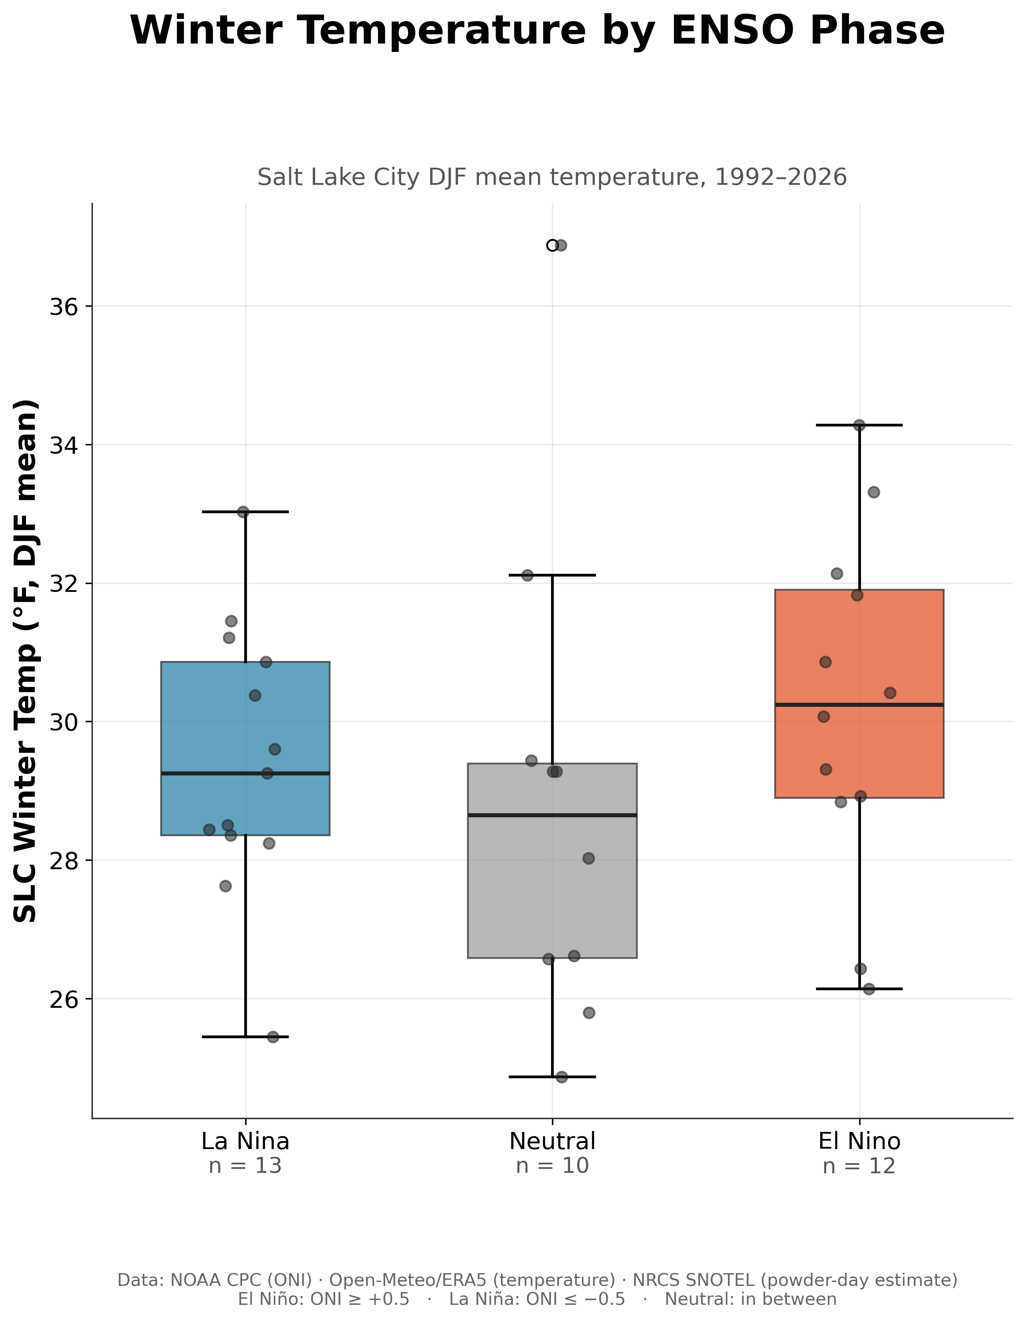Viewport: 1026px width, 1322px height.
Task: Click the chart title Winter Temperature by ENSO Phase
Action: coord(537,30)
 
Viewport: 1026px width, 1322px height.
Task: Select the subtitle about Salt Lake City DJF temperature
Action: coord(552,177)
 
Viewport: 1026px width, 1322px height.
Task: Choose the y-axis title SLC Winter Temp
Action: coord(26,661)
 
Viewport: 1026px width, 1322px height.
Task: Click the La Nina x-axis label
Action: coord(245,1141)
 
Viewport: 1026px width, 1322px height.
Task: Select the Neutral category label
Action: coord(552,1141)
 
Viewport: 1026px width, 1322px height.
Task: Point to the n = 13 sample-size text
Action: coord(245,1166)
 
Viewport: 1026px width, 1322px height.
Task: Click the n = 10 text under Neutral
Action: coord(552,1166)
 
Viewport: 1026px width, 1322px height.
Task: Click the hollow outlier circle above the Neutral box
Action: coord(552,245)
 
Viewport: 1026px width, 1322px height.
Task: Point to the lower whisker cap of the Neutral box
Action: coord(552,1077)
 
